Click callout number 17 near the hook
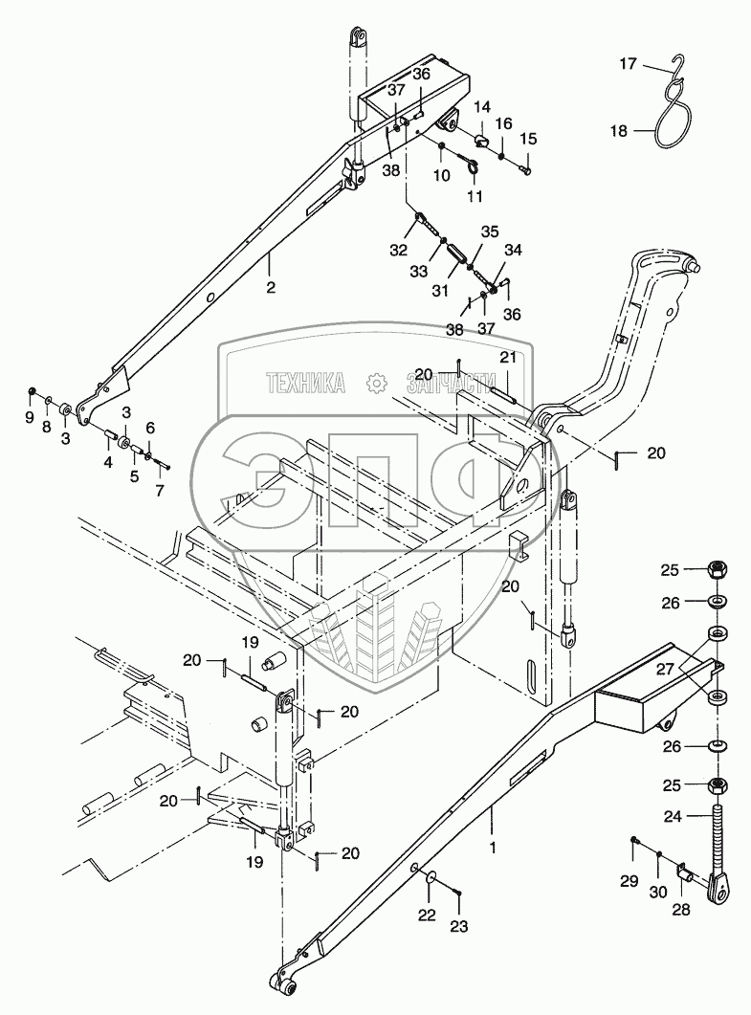(x=628, y=64)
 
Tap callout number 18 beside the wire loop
(x=619, y=131)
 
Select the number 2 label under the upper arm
(x=271, y=287)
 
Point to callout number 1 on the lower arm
(x=493, y=847)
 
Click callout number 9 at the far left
(x=29, y=417)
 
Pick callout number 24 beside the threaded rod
(x=673, y=816)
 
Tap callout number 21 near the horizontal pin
(x=508, y=357)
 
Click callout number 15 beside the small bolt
(x=528, y=138)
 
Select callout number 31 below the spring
(x=440, y=291)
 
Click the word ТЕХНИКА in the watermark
(x=306, y=384)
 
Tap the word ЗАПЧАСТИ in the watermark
(x=447, y=384)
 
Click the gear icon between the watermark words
(x=375, y=384)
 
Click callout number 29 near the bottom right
(x=630, y=881)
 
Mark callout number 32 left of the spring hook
(x=398, y=250)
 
